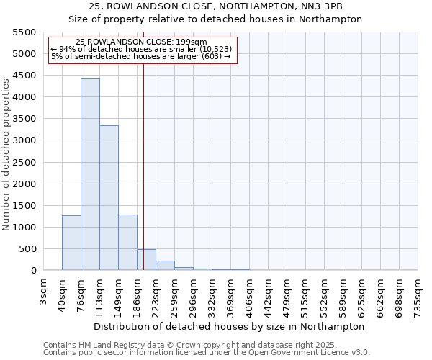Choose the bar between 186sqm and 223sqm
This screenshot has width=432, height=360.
[146, 260]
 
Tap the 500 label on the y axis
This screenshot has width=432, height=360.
[27, 249]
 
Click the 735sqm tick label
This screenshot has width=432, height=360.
[419, 292]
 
